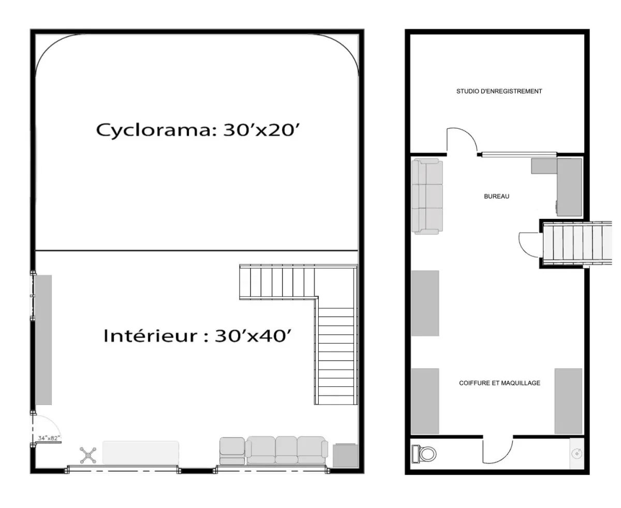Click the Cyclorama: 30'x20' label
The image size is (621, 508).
point(198,130)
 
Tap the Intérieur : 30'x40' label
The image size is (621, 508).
point(198,336)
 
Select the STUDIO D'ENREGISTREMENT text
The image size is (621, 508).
point(499,91)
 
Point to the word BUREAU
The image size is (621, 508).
point(496,196)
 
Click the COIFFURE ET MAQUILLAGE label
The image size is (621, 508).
point(500,383)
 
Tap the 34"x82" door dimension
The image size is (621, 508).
point(49,438)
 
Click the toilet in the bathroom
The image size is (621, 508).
point(424,454)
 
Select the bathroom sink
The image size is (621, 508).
point(576,454)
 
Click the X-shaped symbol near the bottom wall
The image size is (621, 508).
point(88,455)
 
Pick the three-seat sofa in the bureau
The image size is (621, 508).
point(427,196)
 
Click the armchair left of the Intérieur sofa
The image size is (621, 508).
point(232,451)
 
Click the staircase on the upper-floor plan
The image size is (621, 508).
point(577,243)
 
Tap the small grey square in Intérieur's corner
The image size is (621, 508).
point(345,455)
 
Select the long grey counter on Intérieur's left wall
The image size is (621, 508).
point(43,340)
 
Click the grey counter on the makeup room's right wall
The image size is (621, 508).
point(568,401)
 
